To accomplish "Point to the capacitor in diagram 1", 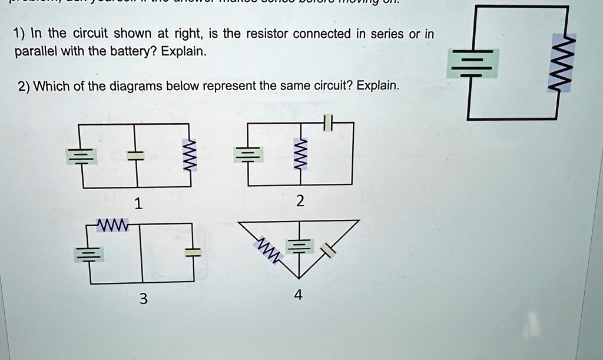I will click(x=136, y=155).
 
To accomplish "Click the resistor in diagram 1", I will click(x=190, y=155).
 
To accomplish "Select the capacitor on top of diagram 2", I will click(x=329, y=123).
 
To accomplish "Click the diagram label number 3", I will click(x=142, y=299).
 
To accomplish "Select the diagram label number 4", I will click(x=299, y=296).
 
